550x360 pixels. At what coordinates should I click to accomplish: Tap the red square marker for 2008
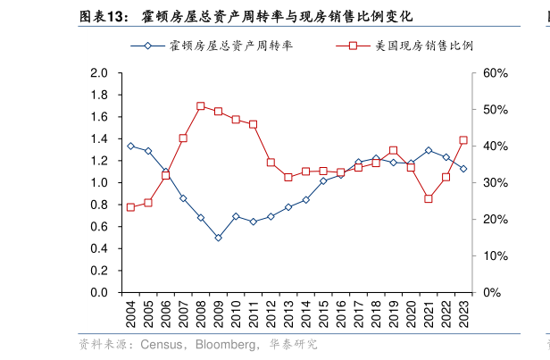[x=200, y=106]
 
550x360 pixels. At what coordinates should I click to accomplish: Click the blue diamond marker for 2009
[x=218, y=238]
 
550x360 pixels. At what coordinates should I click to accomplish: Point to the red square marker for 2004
[x=130, y=207]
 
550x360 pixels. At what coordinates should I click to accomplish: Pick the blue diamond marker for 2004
[x=130, y=146]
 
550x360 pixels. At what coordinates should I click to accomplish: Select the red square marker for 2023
[x=462, y=140]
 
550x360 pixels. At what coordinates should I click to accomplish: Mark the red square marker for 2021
[x=428, y=198]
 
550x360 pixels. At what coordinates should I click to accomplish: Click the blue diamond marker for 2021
[x=428, y=150]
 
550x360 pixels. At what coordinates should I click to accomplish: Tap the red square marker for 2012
[x=271, y=163]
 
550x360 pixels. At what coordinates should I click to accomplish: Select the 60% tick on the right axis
[x=495, y=73]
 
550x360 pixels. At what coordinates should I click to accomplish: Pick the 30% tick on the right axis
[x=495, y=183]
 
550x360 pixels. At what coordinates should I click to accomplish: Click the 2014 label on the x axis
[x=305, y=315]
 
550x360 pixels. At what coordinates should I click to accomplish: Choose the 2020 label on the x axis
[x=411, y=315]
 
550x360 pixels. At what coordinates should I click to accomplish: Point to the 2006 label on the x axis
[x=165, y=315]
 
